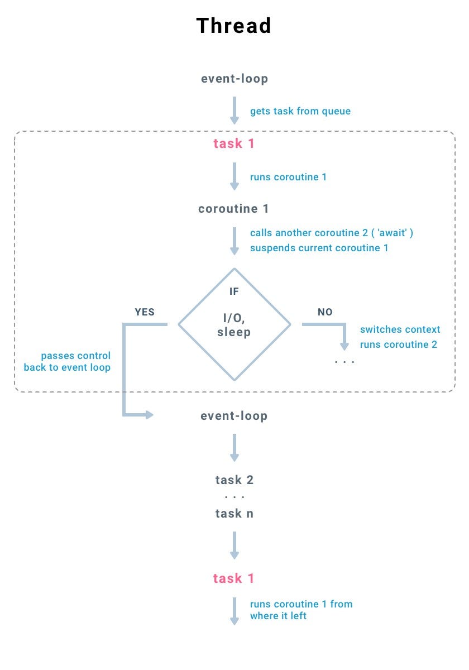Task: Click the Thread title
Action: click(x=234, y=26)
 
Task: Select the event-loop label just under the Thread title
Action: click(x=234, y=79)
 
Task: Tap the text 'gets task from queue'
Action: click(x=300, y=111)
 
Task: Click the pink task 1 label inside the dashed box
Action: click(x=234, y=143)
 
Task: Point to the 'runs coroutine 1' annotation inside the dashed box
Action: click(x=288, y=177)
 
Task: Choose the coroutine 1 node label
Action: click(x=234, y=209)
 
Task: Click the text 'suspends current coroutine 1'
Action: click(x=319, y=247)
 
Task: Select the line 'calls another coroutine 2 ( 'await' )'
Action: click(x=331, y=233)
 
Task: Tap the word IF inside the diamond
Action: click(x=234, y=291)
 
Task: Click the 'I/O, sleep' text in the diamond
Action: click(x=234, y=325)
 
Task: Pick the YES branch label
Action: click(x=145, y=312)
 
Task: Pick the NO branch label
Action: click(x=325, y=312)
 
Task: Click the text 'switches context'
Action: click(x=400, y=329)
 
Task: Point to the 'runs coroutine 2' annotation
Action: click(x=398, y=344)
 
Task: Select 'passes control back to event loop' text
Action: click(x=68, y=361)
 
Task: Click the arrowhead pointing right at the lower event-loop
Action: click(x=149, y=415)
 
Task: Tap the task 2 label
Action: click(x=234, y=480)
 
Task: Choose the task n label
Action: click(x=234, y=514)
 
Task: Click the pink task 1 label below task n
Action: click(x=234, y=578)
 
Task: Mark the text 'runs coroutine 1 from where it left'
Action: click(x=300, y=610)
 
